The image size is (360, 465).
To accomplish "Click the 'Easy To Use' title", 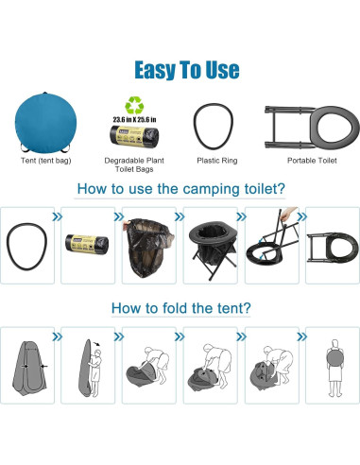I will coord(180,70).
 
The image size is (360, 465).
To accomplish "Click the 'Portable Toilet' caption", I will coord(313,162).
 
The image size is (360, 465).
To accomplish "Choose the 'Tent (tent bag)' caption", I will coord(44,162).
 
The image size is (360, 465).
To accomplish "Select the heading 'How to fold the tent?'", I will coord(180,308).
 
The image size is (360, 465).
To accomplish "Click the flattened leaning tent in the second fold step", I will coord(87,364).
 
